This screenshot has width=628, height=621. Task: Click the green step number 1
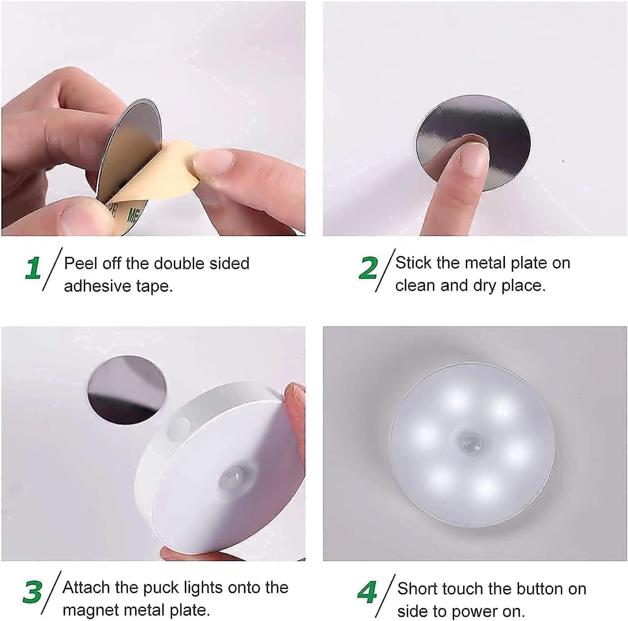tap(33, 268)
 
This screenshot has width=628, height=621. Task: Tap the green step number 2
tap(368, 268)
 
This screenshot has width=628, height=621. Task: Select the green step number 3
tap(32, 592)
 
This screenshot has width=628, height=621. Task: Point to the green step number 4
tap(367, 592)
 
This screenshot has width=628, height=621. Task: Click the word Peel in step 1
tap(81, 263)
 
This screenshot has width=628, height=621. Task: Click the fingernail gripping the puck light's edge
tap(298, 394)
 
